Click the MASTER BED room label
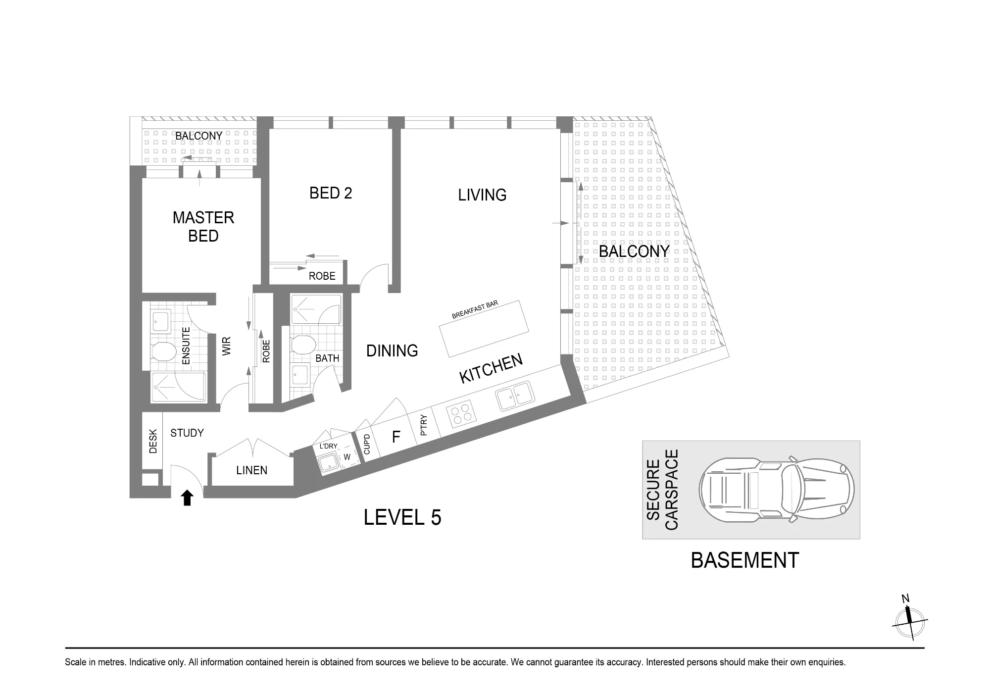[x=203, y=227]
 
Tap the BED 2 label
[x=331, y=193]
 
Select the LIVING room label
[x=482, y=195]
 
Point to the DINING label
[x=392, y=351]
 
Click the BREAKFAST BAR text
[x=475, y=310]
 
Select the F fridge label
[x=396, y=437]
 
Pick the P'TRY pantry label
[x=423, y=425]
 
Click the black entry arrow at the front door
[x=187, y=498]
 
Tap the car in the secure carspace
[x=777, y=489]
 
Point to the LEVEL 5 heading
[x=402, y=518]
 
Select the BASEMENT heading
[x=744, y=560]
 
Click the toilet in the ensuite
[x=164, y=351]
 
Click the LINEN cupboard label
[x=252, y=470]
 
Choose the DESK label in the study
[x=153, y=441]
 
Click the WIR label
[x=227, y=346]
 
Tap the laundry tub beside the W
[x=327, y=463]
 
